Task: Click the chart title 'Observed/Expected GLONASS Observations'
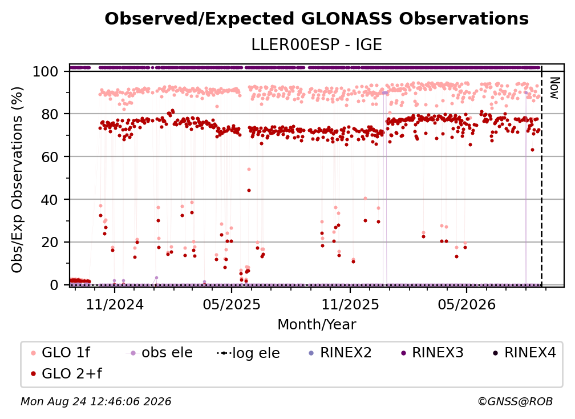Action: pos(317,19)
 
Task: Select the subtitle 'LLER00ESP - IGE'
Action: pos(317,45)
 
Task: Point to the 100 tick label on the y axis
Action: pos(45,71)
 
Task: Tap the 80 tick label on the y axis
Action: pos(50,114)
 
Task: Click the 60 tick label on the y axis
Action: pos(50,156)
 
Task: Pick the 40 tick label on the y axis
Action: pos(50,200)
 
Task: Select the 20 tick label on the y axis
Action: pos(50,242)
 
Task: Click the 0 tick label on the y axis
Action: pos(54,285)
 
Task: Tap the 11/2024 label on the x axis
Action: pos(115,304)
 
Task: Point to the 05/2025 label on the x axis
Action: pos(232,304)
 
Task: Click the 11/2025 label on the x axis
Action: pos(350,304)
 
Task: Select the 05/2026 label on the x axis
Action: pos(467,304)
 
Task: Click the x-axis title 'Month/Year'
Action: pos(317,324)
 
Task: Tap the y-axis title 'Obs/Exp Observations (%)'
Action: pos(17,179)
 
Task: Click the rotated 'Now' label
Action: pos(554,88)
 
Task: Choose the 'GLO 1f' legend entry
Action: pos(60,353)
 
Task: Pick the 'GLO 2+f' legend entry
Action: pos(66,374)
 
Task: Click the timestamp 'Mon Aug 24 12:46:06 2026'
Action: pos(96,401)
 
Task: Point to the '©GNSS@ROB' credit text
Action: pos(515,401)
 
